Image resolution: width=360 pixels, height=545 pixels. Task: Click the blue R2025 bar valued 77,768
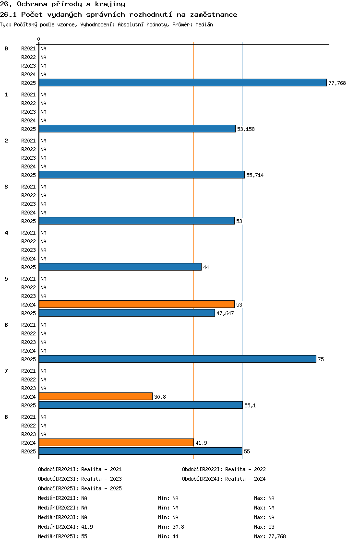pyautogui.click(x=183, y=83)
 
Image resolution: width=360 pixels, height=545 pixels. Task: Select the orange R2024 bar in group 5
pyautogui.click(x=137, y=305)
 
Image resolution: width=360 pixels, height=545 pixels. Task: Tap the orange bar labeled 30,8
pyautogui.click(x=96, y=397)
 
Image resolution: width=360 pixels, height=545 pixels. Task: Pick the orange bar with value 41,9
pyautogui.click(x=116, y=442)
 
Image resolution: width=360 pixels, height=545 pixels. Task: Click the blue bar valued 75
pyautogui.click(x=178, y=359)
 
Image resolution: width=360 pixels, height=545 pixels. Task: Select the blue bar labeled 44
pyautogui.click(x=120, y=267)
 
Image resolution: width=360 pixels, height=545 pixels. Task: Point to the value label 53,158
pyautogui.click(x=246, y=129)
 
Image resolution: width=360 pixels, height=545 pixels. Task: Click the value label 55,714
pyautogui.click(x=255, y=175)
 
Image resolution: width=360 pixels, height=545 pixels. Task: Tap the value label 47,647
pyautogui.click(x=226, y=313)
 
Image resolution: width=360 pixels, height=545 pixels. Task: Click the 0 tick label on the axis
pyautogui.click(x=38, y=39)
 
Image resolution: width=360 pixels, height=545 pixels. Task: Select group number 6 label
pyautogui.click(x=6, y=325)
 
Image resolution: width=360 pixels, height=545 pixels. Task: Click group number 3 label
pyautogui.click(x=6, y=187)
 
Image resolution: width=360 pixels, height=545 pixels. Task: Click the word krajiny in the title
pyautogui.click(x=110, y=4)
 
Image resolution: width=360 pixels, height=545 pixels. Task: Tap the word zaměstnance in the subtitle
pyautogui.click(x=214, y=14)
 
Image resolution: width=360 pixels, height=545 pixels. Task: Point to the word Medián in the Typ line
pyautogui.click(x=204, y=24)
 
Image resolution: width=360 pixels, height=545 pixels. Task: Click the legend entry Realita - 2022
pyautogui.click(x=246, y=469)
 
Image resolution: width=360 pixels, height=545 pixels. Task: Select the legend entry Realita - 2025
pyautogui.click(x=102, y=488)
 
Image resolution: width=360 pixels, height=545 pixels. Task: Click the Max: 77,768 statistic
pyautogui.click(x=270, y=536)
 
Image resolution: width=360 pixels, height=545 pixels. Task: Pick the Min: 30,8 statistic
pyautogui.click(x=171, y=527)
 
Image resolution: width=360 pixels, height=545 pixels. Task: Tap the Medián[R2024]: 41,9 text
pyautogui.click(x=65, y=527)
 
